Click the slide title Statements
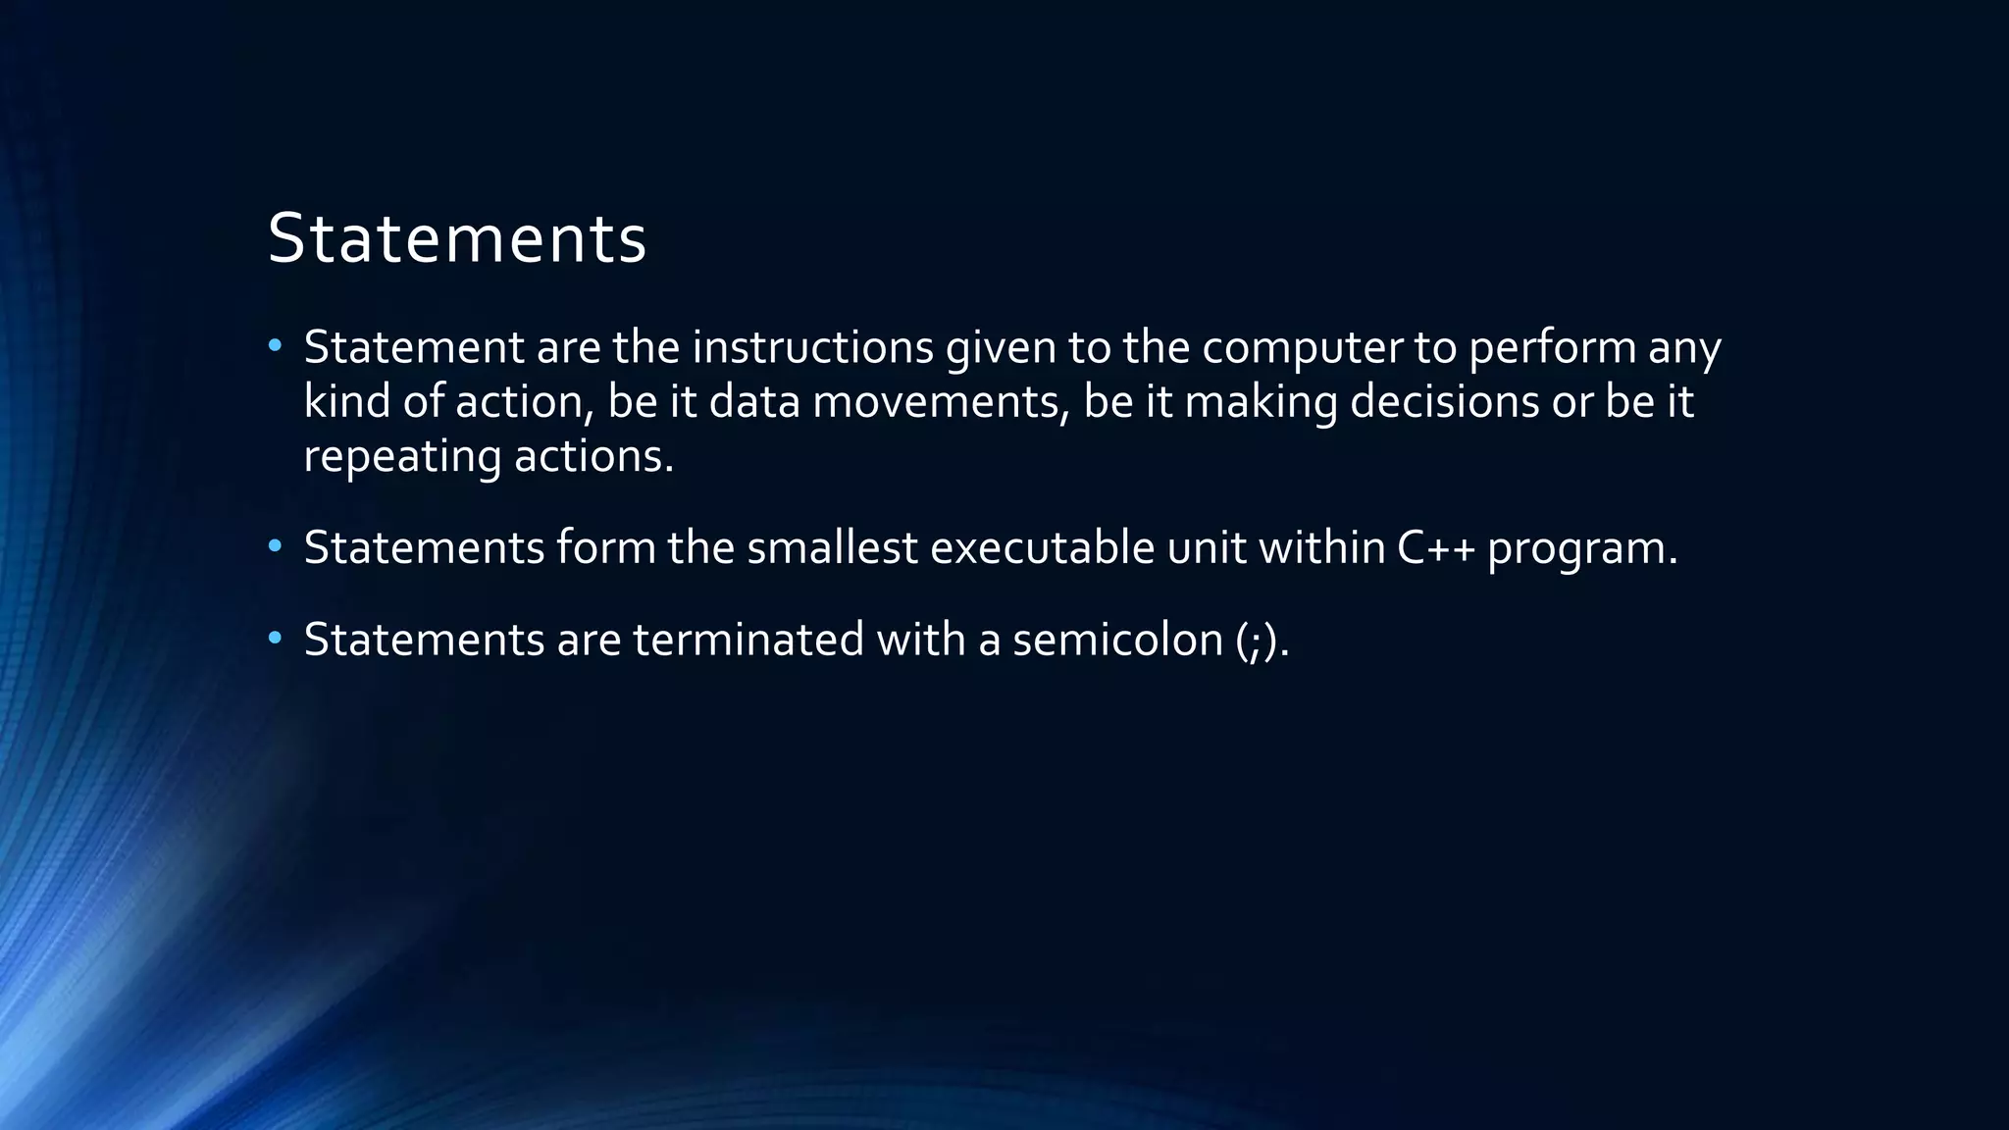[x=456, y=238]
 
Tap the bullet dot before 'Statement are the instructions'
[x=275, y=345]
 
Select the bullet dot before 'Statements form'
[x=275, y=545]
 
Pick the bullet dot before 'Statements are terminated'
[x=275, y=639]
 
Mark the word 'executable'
[x=1042, y=547]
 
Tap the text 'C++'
[x=1435, y=547]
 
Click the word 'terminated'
[x=747, y=640]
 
